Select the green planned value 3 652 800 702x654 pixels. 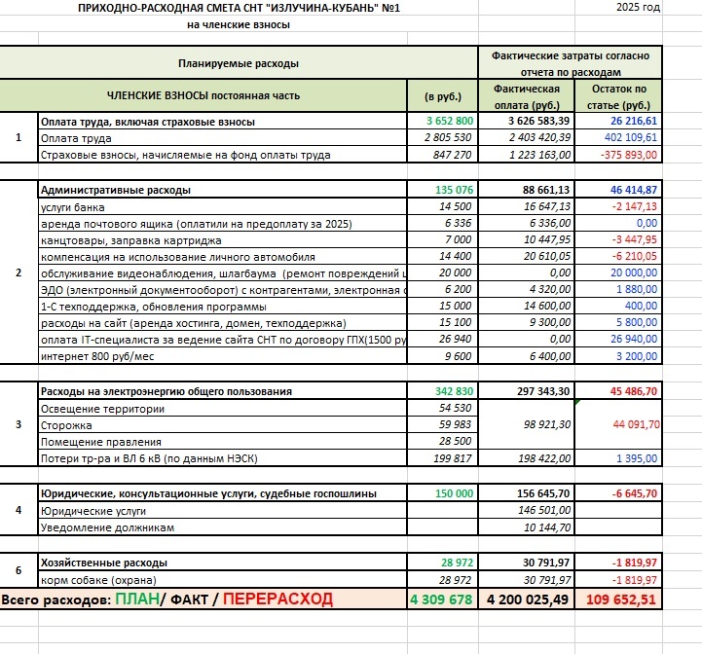coord(450,121)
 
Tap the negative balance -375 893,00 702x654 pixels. coord(629,155)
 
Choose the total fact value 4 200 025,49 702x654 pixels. coord(526,599)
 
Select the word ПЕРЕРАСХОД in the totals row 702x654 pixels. coord(277,599)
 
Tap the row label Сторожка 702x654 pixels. coord(64,425)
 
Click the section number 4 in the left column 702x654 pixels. coord(18,510)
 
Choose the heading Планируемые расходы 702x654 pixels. coord(239,63)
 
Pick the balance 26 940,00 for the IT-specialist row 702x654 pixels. coord(632,339)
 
